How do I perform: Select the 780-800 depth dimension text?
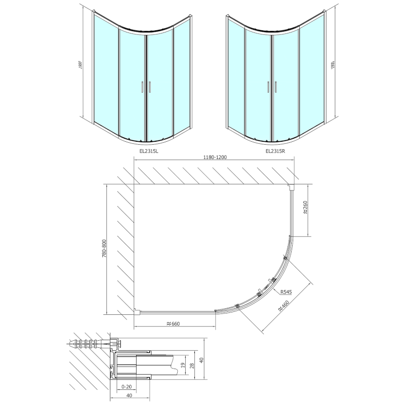point(104,249)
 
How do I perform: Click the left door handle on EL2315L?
point(141,88)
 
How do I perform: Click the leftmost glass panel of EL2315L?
point(105,71)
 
